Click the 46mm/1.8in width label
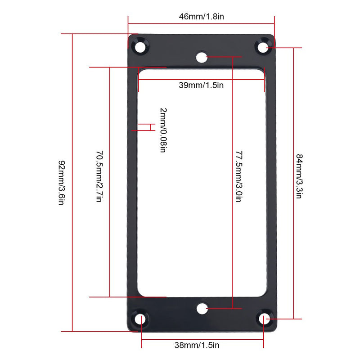tap(201, 17)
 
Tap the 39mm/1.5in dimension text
tap(201, 85)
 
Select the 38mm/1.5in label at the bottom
tap(197, 345)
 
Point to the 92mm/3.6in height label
tap(62, 183)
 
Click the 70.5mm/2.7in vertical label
tap(99, 176)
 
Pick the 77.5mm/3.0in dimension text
tap(239, 176)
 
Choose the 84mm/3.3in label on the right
tap(299, 176)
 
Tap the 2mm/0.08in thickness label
tap(163, 130)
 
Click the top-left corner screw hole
tap(140, 47)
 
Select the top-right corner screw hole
tap(263, 47)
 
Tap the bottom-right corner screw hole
tap(264, 319)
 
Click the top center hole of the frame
tap(202, 57)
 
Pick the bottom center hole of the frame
tap(202, 308)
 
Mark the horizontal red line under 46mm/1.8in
tap(201, 23)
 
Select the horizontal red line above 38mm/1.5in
tap(202, 340)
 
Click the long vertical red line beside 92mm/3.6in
tap(72, 183)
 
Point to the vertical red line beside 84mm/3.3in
tap(293, 183)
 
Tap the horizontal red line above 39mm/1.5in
tap(201, 80)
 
